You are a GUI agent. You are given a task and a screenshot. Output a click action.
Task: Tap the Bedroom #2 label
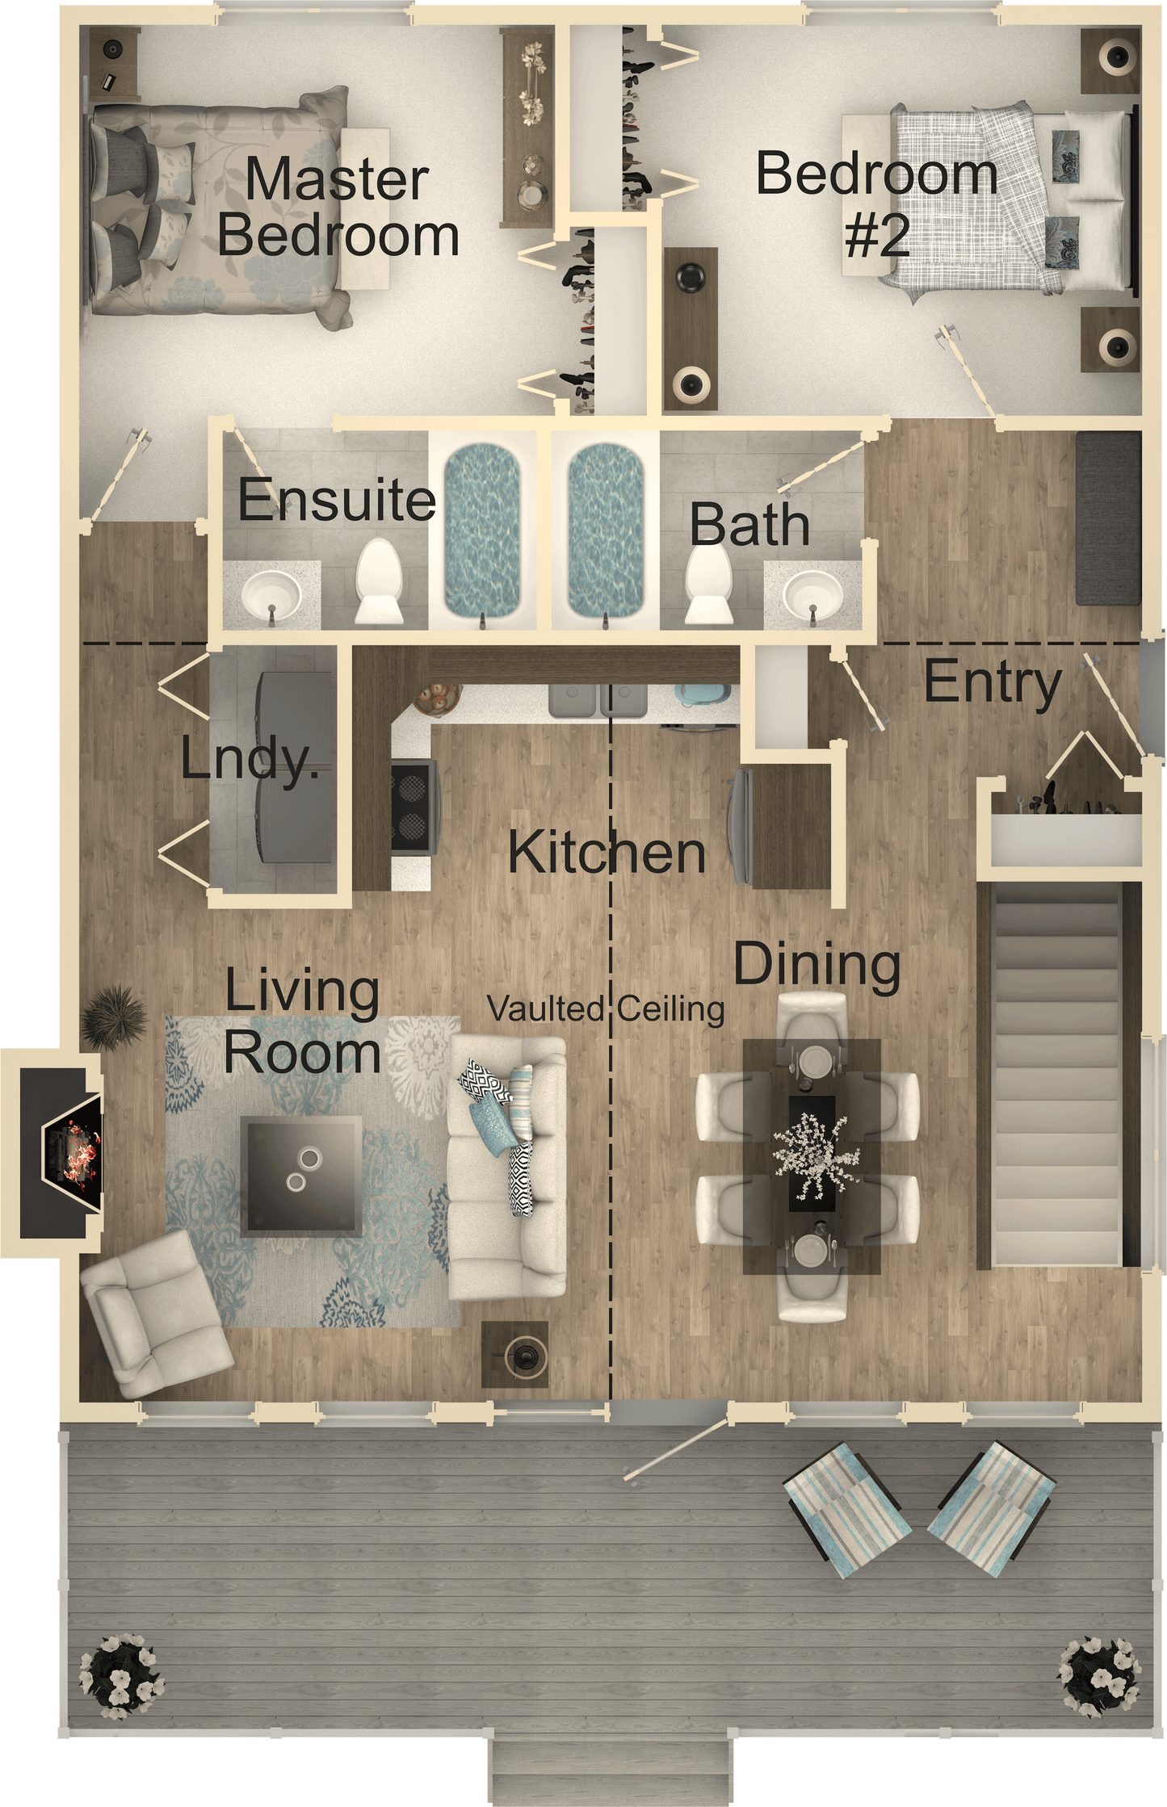coord(877,203)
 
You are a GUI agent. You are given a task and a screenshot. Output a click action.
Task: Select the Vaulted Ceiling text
coord(606,1008)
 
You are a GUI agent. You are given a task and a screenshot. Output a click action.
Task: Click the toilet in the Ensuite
coord(379,580)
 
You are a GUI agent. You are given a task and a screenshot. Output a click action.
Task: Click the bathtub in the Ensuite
coord(483,529)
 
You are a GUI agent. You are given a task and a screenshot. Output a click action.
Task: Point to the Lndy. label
coord(249,759)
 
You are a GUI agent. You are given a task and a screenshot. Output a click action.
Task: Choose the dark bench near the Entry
coord(1107,518)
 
